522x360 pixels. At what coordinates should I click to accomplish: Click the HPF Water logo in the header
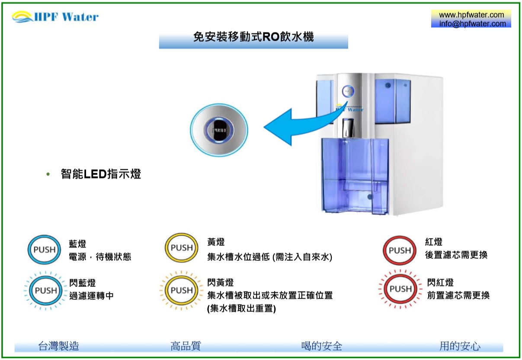click(x=55, y=17)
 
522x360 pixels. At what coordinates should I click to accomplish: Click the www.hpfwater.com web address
click(x=471, y=15)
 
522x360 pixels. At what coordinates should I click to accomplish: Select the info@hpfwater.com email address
click(x=472, y=24)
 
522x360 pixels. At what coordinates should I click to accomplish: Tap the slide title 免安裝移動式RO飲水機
click(x=253, y=37)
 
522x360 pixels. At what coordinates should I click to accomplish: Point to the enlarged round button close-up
click(x=219, y=129)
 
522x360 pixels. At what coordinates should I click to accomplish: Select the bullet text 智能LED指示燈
click(x=101, y=174)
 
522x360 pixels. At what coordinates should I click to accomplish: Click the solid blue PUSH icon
click(x=45, y=250)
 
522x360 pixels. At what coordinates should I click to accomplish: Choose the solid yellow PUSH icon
click(x=182, y=248)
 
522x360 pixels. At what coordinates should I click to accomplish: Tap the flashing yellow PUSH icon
click(x=182, y=290)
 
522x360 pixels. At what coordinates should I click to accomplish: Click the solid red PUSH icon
click(x=400, y=251)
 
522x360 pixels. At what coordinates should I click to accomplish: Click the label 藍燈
click(x=78, y=244)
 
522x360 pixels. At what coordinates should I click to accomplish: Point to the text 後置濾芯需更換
click(x=456, y=255)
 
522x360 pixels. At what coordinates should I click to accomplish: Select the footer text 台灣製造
click(x=59, y=346)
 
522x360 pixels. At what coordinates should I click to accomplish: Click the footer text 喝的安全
click(x=322, y=346)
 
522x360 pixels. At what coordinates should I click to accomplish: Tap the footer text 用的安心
click(x=460, y=346)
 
